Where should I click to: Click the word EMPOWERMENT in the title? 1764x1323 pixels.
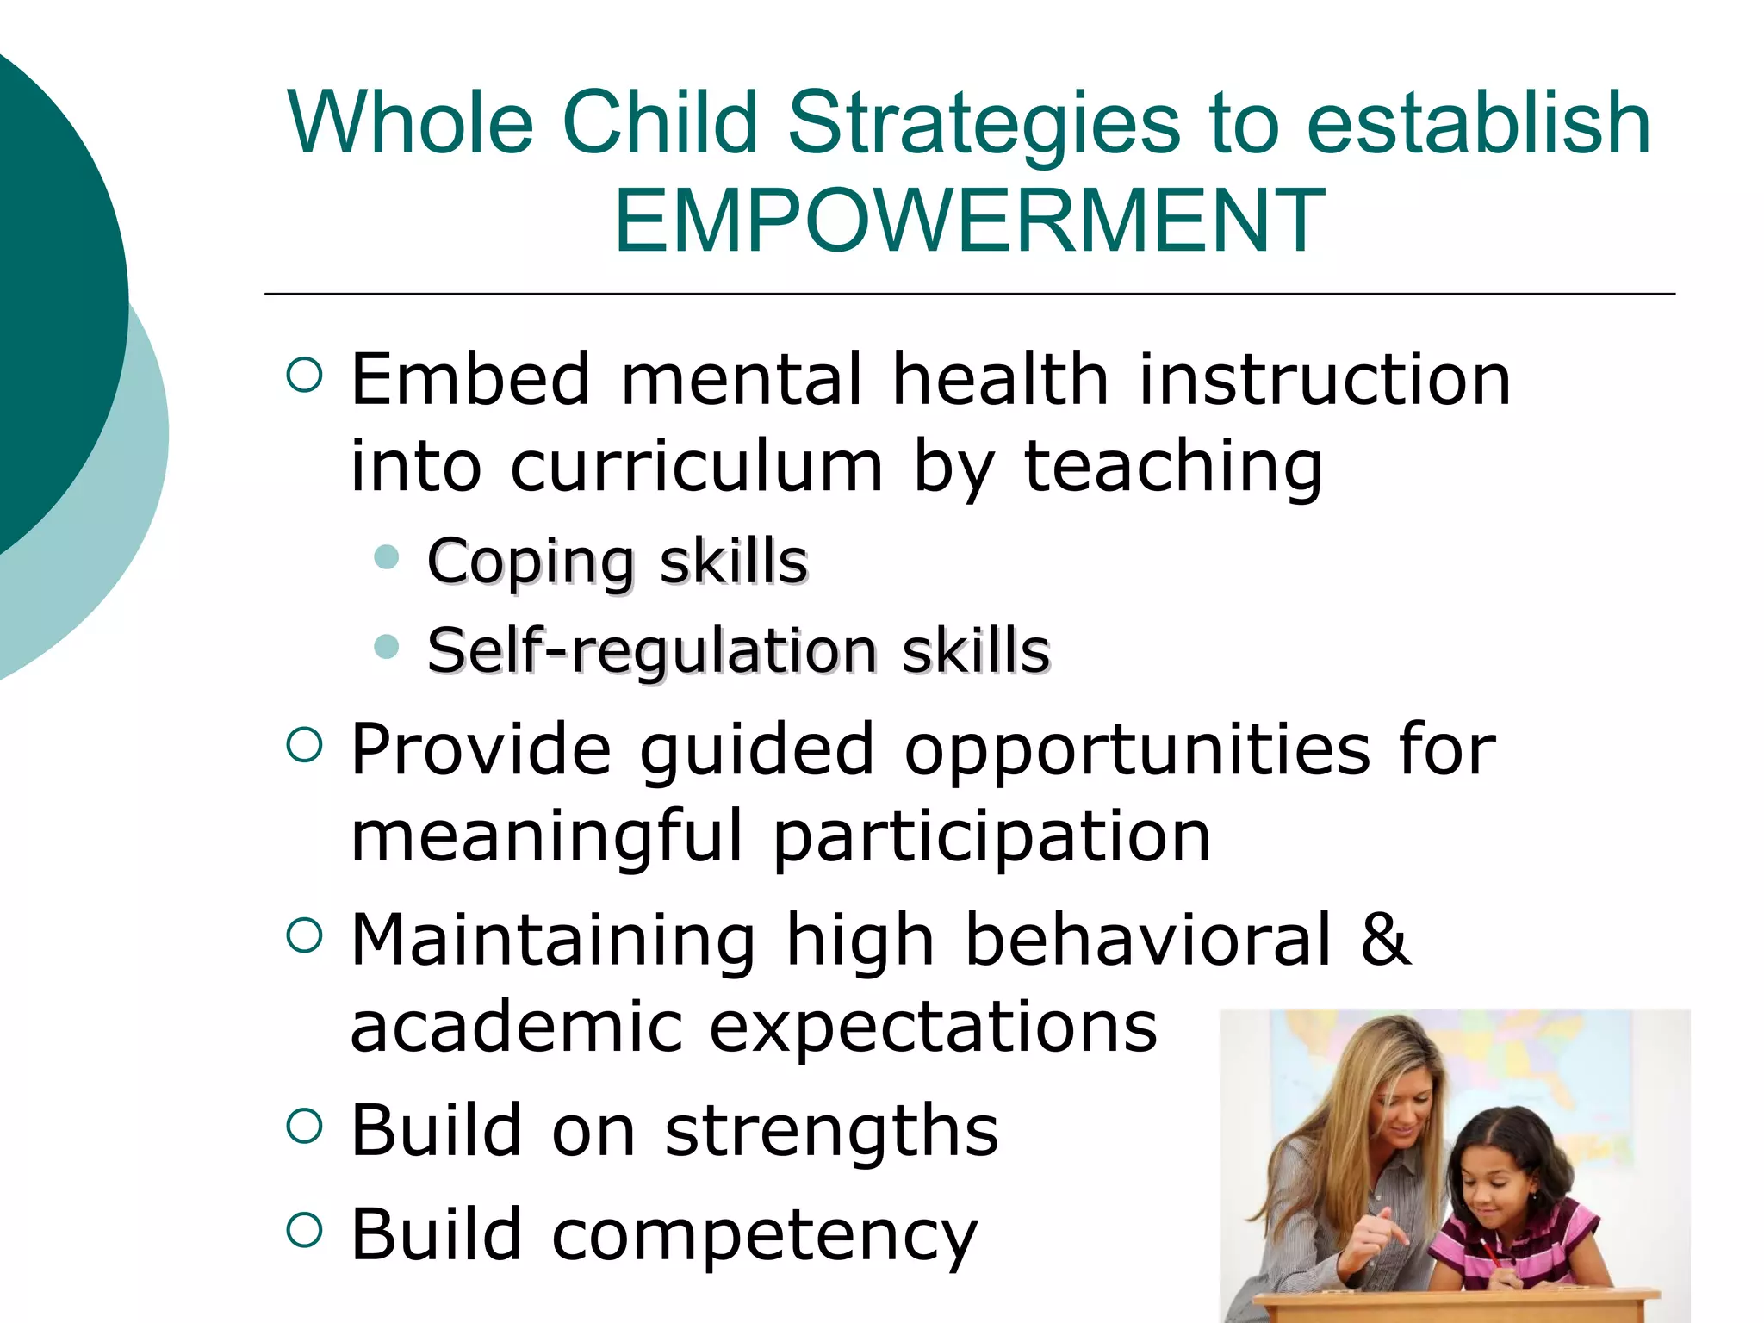click(969, 221)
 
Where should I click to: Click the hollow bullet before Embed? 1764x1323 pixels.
click(304, 376)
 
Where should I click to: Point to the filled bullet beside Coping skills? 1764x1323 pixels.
click(388, 557)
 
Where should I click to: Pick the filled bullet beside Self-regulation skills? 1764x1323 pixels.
click(388, 646)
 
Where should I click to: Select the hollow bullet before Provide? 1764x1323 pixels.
click(304, 746)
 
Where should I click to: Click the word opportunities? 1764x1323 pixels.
click(1136, 749)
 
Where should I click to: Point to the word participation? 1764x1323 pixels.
click(991, 837)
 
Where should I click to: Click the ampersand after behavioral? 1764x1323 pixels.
click(1384, 939)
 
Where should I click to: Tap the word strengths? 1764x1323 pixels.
click(831, 1130)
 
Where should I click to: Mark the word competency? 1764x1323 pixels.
click(764, 1235)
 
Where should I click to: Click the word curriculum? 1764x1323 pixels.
click(697, 467)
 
